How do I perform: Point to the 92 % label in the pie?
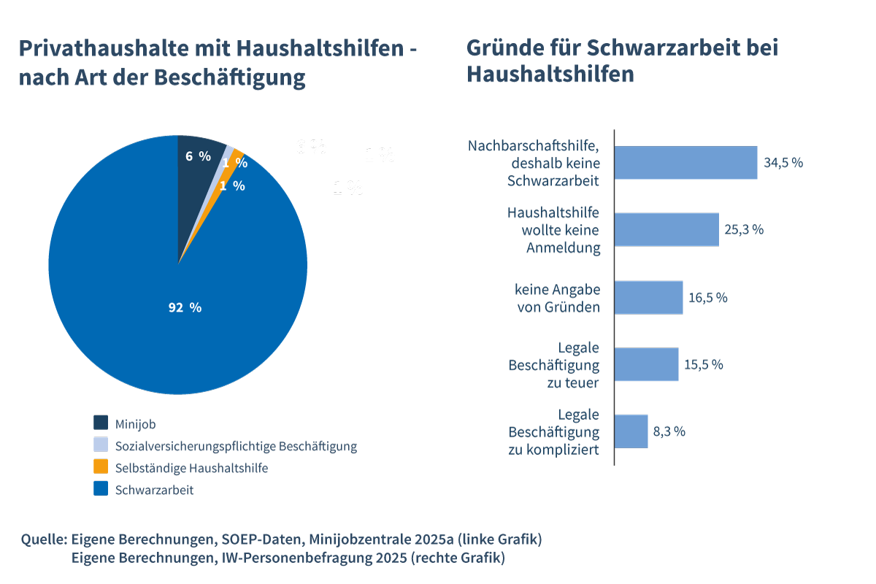point(185,308)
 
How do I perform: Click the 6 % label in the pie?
point(197,156)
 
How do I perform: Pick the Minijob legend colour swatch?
point(101,423)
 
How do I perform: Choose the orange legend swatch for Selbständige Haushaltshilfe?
point(101,466)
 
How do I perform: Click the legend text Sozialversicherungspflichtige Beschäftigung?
point(236,445)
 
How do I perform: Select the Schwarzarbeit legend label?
point(154,490)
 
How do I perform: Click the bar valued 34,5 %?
point(685,163)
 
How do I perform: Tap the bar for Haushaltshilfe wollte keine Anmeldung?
point(666,229)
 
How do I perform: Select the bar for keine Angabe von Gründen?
point(648,297)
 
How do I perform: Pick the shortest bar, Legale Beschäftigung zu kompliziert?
point(631,431)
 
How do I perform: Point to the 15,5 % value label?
point(703,364)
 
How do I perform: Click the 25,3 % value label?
point(744,230)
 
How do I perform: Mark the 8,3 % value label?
point(669,431)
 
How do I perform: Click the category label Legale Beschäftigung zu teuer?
point(554,365)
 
